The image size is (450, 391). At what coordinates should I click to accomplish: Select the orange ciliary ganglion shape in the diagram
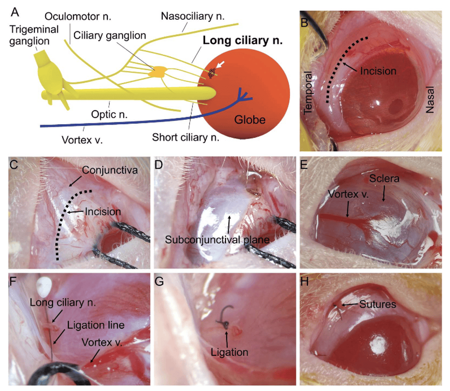160,71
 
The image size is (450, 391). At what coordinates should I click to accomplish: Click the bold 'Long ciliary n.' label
243,40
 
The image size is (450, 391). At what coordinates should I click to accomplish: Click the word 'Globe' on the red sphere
249,120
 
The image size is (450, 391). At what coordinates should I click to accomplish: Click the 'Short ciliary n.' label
185,137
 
